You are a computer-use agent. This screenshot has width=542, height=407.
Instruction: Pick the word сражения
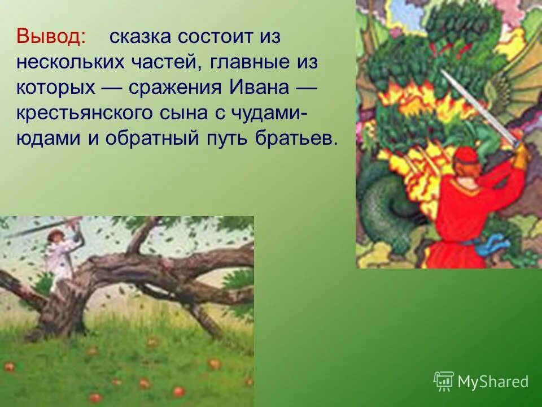176,88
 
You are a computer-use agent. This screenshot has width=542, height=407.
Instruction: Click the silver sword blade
480,107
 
